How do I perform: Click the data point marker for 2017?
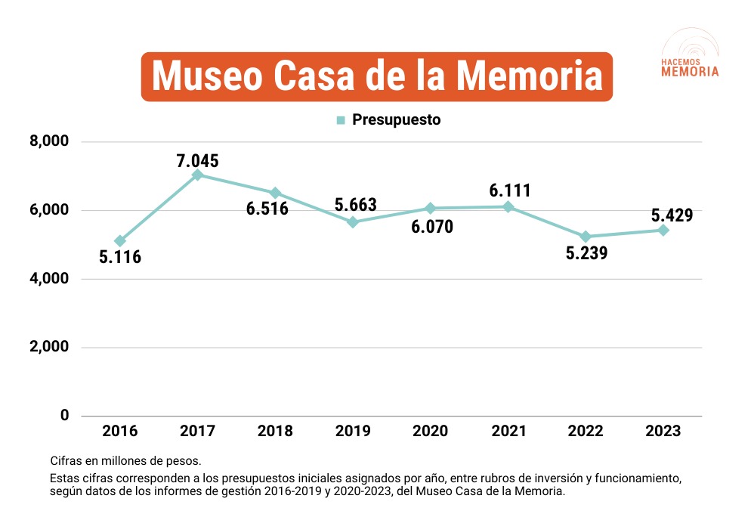click(198, 175)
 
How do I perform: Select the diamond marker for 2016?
click(120, 241)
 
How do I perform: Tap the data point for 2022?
click(586, 237)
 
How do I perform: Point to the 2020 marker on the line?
click(430, 208)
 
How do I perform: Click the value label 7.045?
click(197, 160)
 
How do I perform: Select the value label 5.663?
click(355, 205)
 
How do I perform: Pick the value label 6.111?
click(510, 190)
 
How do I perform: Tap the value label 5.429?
click(672, 215)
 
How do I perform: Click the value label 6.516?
click(267, 209)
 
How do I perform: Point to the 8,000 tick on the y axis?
click(48, 141)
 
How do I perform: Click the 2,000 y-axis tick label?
click(48, 348)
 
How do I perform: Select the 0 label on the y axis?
click(64, 416)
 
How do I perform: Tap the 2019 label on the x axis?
click(353, 432)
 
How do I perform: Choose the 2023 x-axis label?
click(663, 432)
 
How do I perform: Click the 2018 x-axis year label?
click(275, 432)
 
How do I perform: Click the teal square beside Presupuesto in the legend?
click(341, 120)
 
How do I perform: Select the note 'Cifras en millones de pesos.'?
click(126, 460)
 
